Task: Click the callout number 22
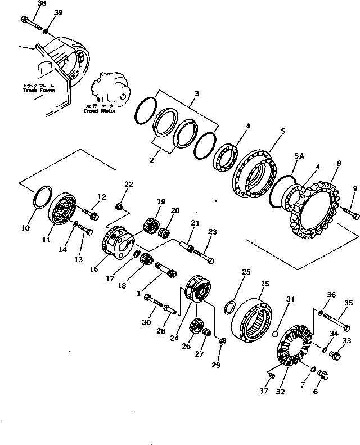(128, 185)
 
